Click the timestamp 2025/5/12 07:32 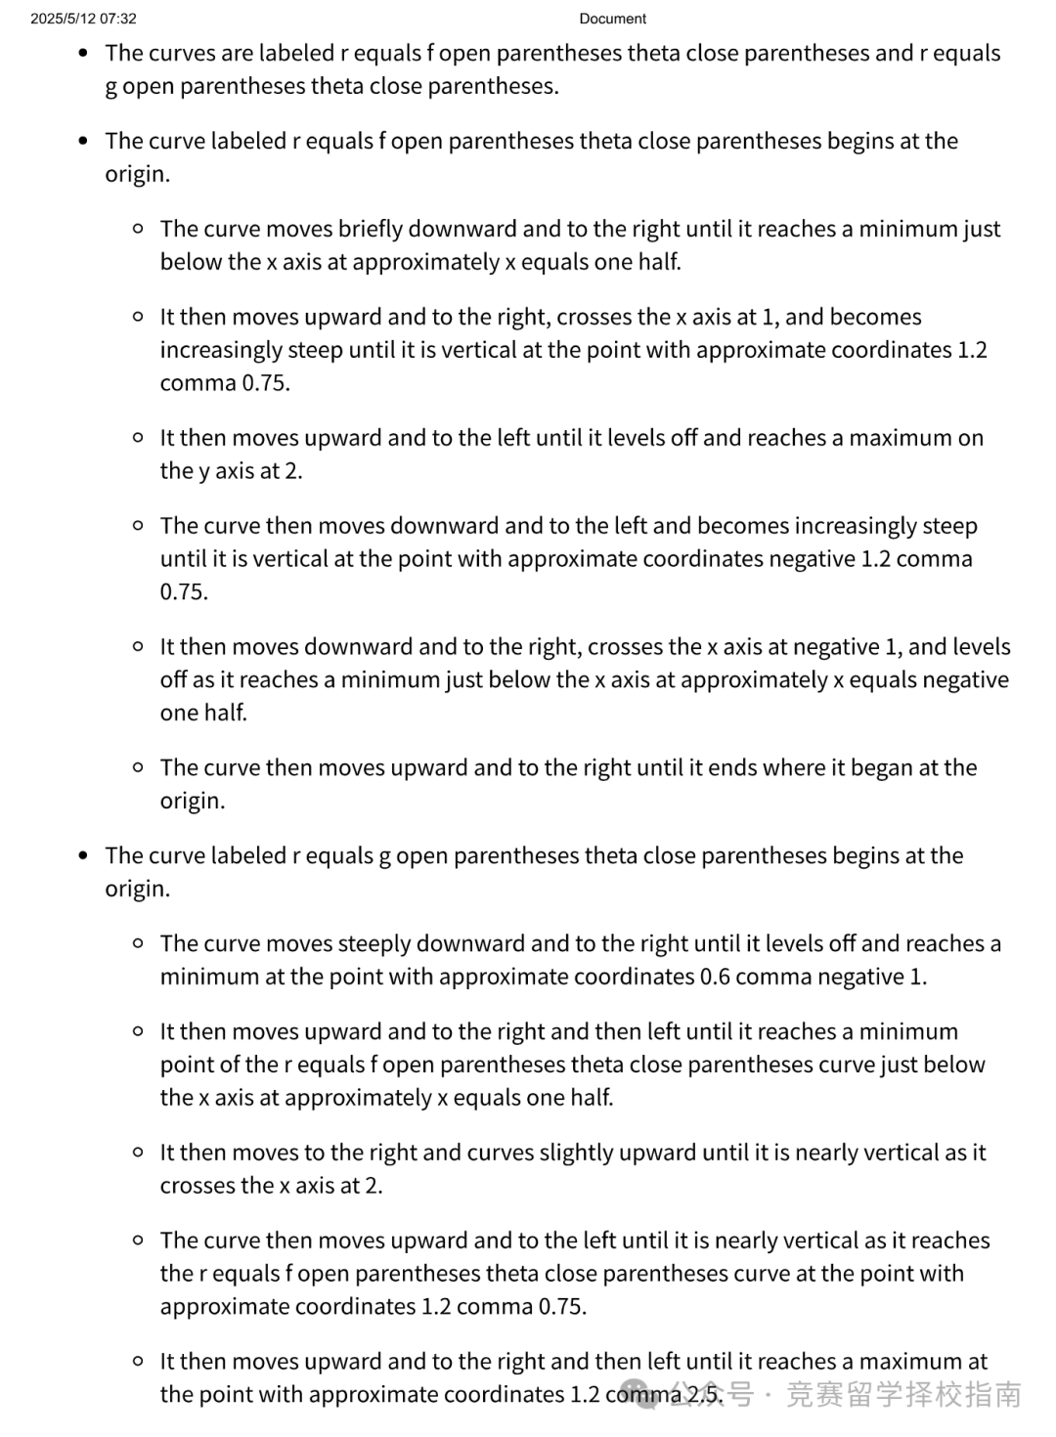pos(83,19)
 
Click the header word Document pos(612,19)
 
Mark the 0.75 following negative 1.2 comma pos(184,592)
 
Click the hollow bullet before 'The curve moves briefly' pos(138,229)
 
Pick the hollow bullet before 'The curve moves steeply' pos(138,943)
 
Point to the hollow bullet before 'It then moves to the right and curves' pos(138,1153)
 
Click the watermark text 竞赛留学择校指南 pos(903,1394)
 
